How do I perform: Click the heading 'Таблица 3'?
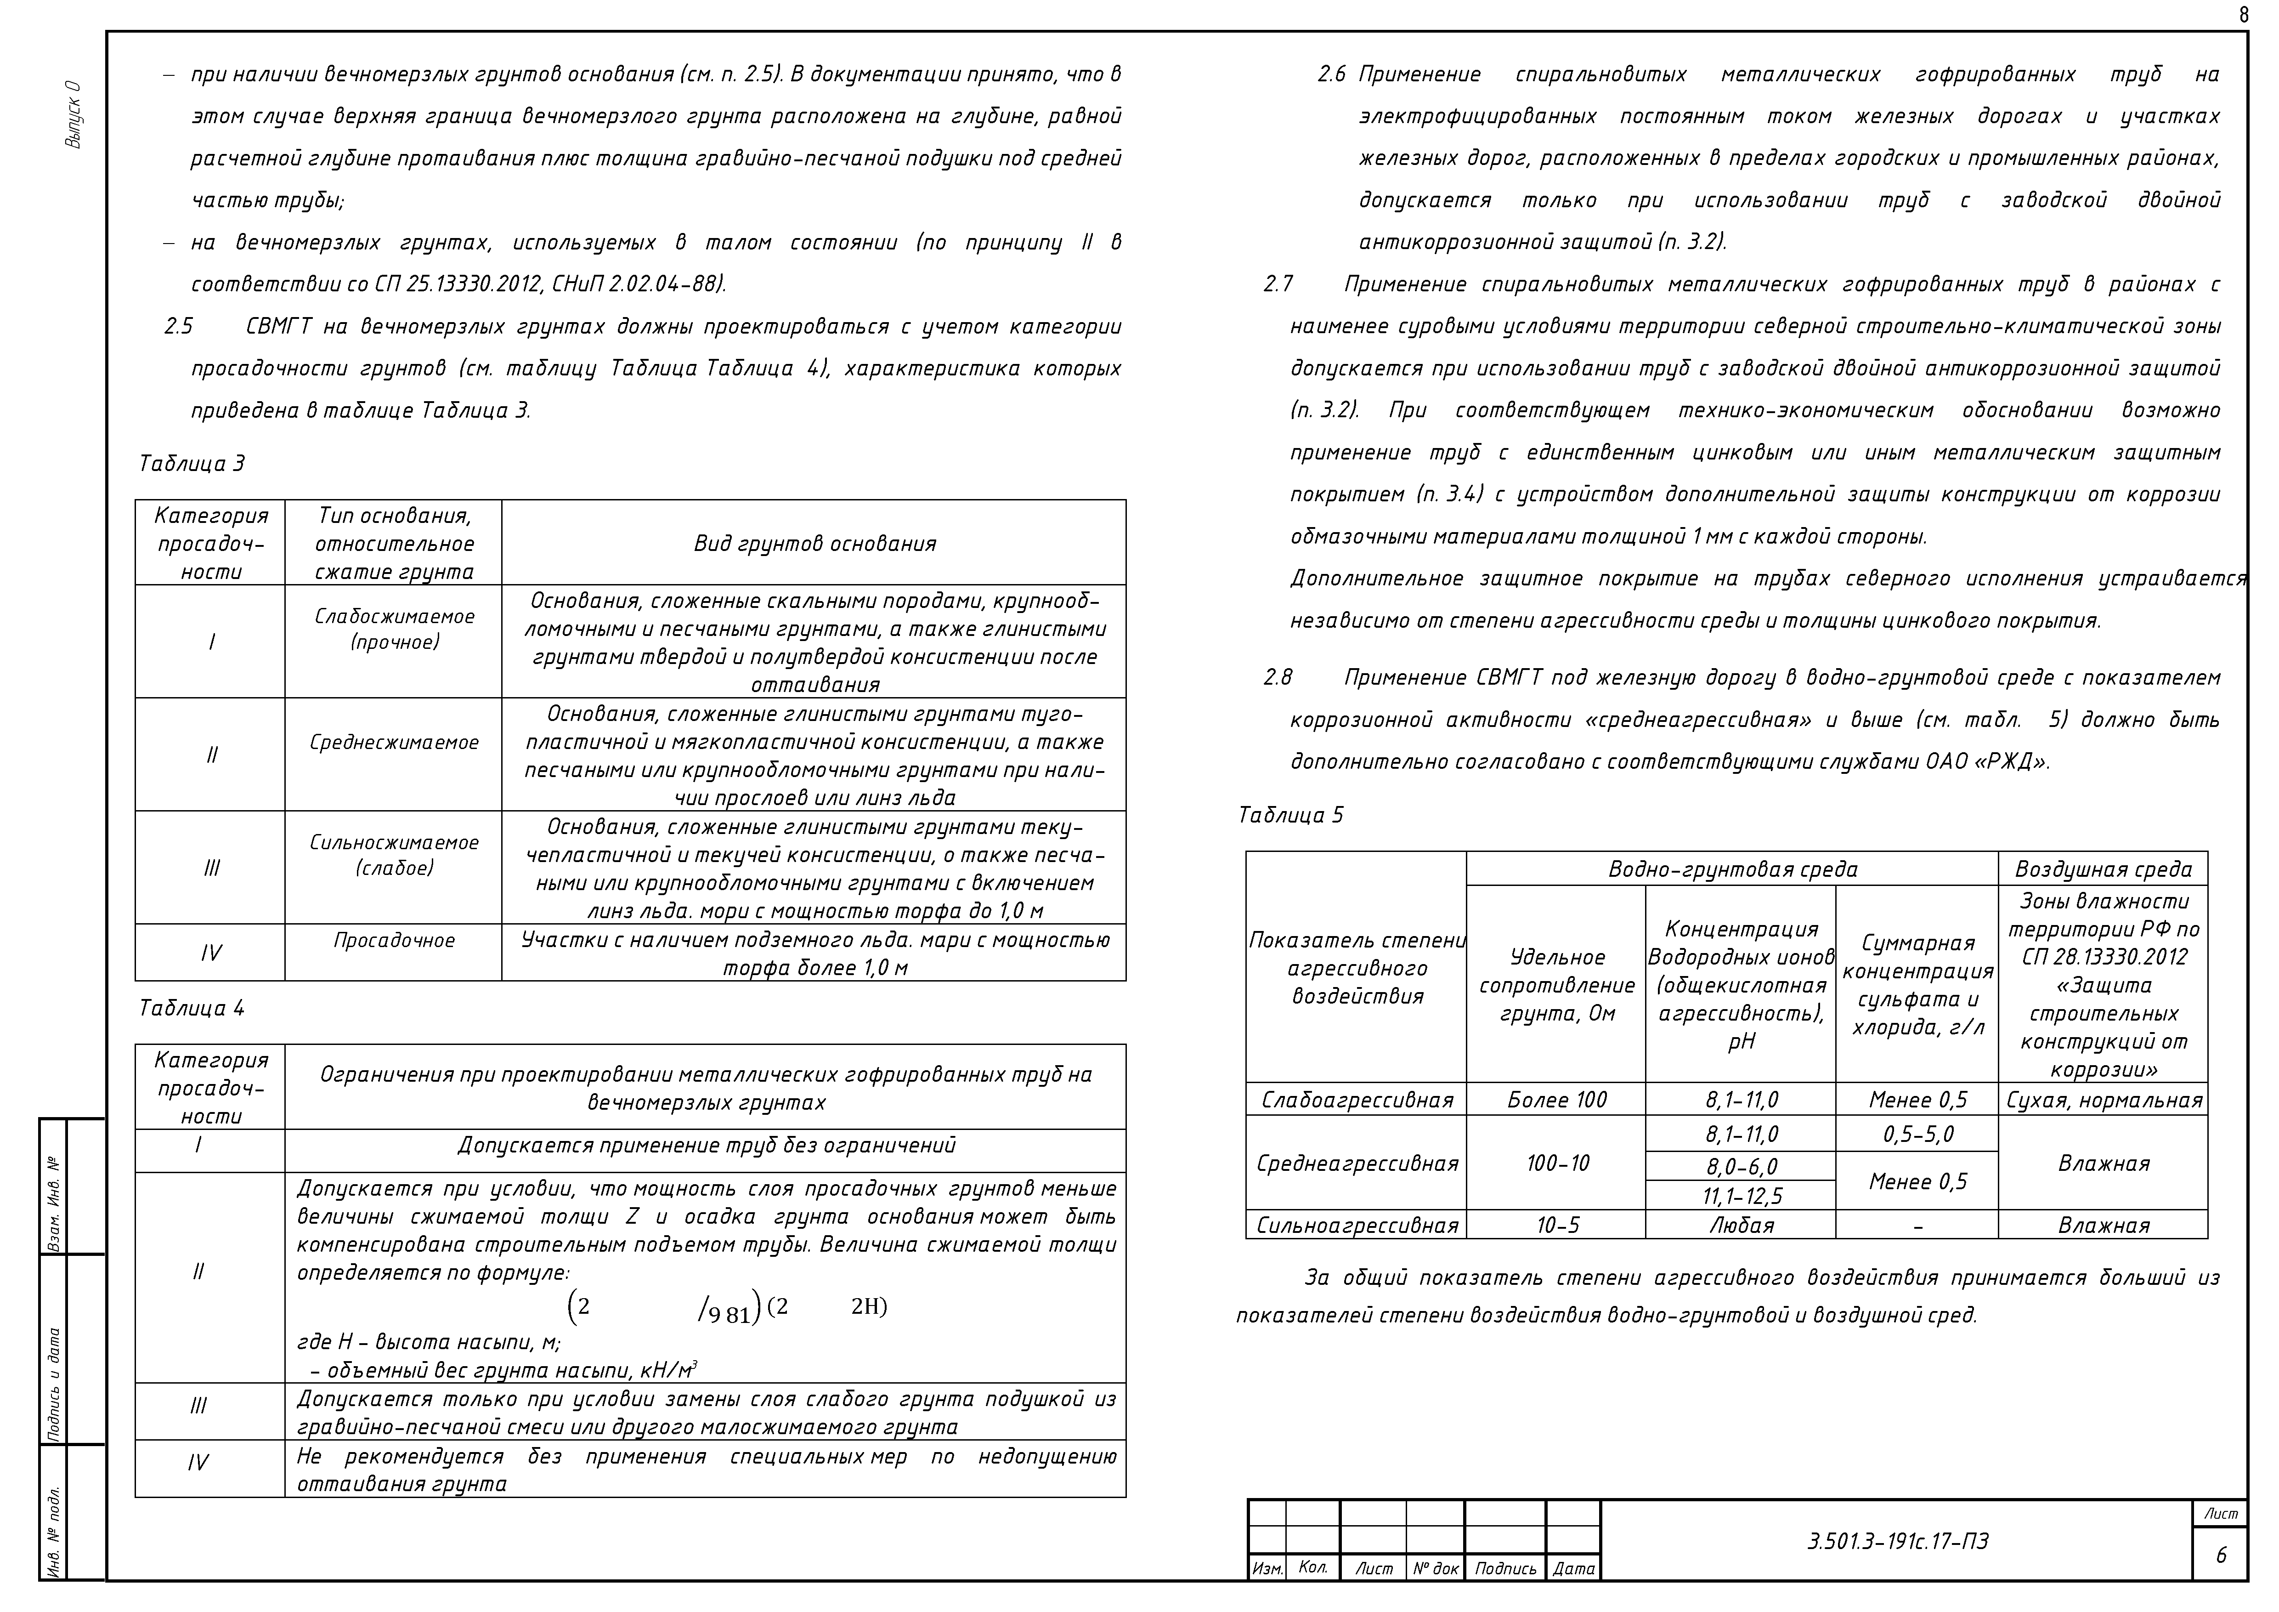(192, 464)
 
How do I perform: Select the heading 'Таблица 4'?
(192, 1009)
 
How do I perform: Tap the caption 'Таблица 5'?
(1290, 815)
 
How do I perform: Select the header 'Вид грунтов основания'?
(814, 543)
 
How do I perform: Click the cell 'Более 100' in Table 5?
(1556, 1100)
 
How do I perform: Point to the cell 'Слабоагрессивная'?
(1357, 1100)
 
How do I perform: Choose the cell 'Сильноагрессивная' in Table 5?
(1357, 1225)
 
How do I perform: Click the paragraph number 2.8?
(1278, 677)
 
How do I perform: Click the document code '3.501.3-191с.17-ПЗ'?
(1898, 1542)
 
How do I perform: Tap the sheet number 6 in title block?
(2221, 1555)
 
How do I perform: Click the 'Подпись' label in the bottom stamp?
(1505, 1568)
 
